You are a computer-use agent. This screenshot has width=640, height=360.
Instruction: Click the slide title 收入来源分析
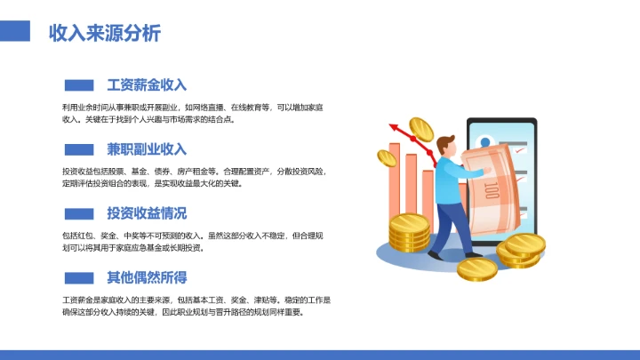tap(105, 34)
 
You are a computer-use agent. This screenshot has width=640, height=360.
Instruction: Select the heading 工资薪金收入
tap(147, 85)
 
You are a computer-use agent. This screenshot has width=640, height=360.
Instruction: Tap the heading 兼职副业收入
tap(147, 148)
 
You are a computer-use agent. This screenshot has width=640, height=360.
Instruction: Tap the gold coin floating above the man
tap(420, 130)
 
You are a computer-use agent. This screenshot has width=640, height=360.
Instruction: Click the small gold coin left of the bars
tap(386, 158)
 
